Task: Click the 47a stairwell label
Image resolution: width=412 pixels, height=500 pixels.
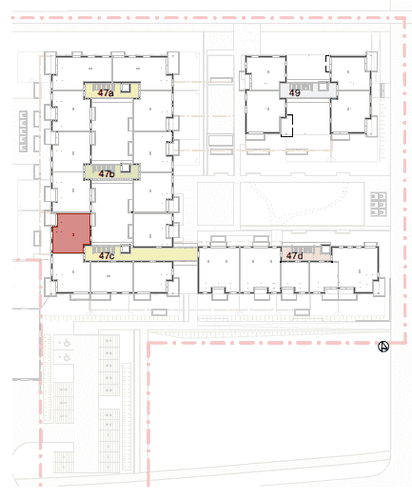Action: point(106,93)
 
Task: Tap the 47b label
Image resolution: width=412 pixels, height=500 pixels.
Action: point(107,173)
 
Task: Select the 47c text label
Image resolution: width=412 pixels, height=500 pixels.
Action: point(107,256)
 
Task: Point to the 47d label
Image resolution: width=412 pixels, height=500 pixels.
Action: point(294,255)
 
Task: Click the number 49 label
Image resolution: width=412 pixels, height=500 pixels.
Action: point(295,92)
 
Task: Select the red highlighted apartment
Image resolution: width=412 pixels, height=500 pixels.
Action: point(71,233)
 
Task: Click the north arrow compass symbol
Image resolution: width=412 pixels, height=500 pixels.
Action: point(383,347)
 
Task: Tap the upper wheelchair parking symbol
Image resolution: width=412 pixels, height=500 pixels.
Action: point(67,343)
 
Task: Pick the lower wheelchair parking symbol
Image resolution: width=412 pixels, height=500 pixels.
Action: point(67,357)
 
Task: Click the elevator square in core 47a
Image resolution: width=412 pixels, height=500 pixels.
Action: point(126,88)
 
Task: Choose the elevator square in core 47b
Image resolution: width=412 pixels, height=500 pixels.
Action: point(126,168)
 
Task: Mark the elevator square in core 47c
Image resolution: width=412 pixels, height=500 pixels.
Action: point(126,249)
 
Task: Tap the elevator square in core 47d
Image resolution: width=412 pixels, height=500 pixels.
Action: point(325,249)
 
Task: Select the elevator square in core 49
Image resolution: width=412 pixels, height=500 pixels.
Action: point(324,87)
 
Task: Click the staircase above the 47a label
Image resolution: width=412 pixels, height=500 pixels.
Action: point(104,87)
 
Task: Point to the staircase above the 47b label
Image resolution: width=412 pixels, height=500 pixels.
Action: point(104,168)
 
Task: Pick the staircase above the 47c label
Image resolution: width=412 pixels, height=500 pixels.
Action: point(104,249)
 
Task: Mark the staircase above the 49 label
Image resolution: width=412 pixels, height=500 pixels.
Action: point(301,87)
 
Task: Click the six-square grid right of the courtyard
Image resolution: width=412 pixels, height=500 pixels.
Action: point(379,204)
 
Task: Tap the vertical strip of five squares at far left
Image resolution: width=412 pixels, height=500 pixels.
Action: point(23,130)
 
